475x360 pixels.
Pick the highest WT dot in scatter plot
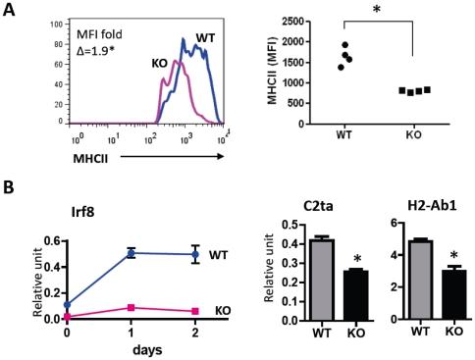344,45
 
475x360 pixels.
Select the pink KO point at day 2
195,311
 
